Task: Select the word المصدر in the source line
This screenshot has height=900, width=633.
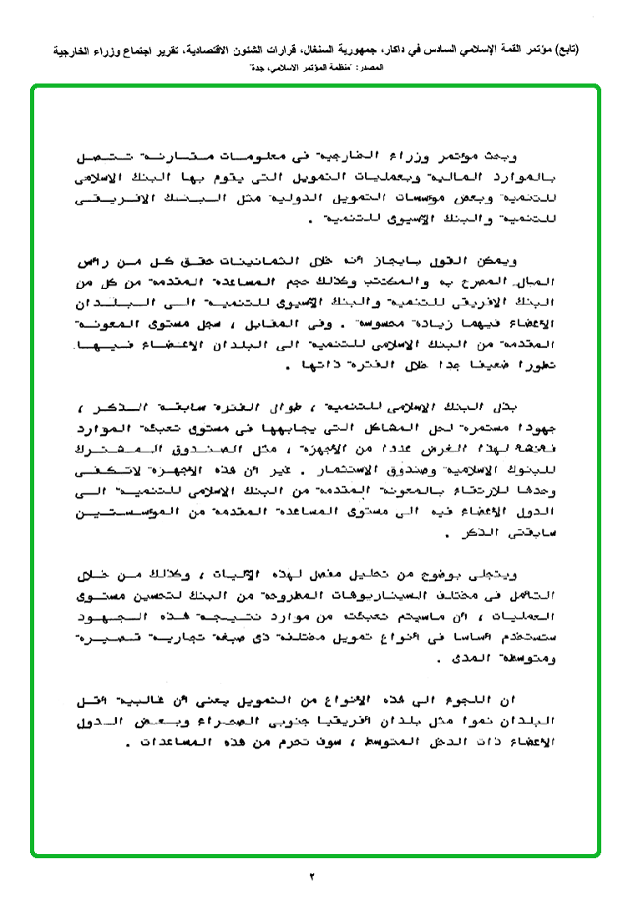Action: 368,64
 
